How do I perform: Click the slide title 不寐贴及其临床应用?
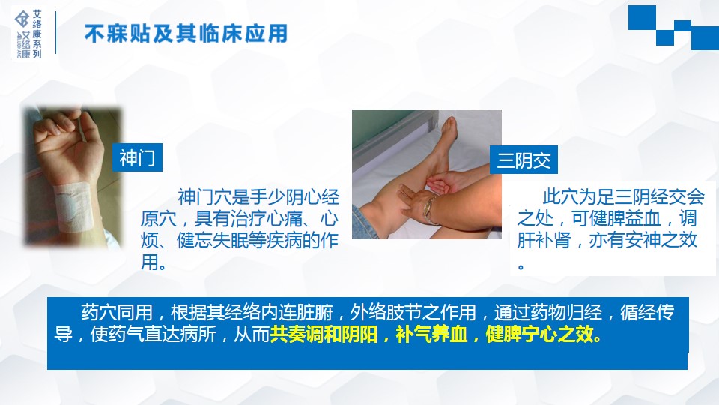tap(186, 34)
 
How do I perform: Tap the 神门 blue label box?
tap(138, 157)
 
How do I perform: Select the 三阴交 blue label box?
tap(524, 160)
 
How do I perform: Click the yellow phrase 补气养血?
tap(431, 334)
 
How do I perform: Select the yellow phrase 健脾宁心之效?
tap(544, 334)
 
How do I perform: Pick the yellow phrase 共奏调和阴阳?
tap(324, 334)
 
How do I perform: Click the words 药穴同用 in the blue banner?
tap(117, 313)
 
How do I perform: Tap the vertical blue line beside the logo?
tap(55, 32)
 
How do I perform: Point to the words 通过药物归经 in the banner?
tap(548, 313)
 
